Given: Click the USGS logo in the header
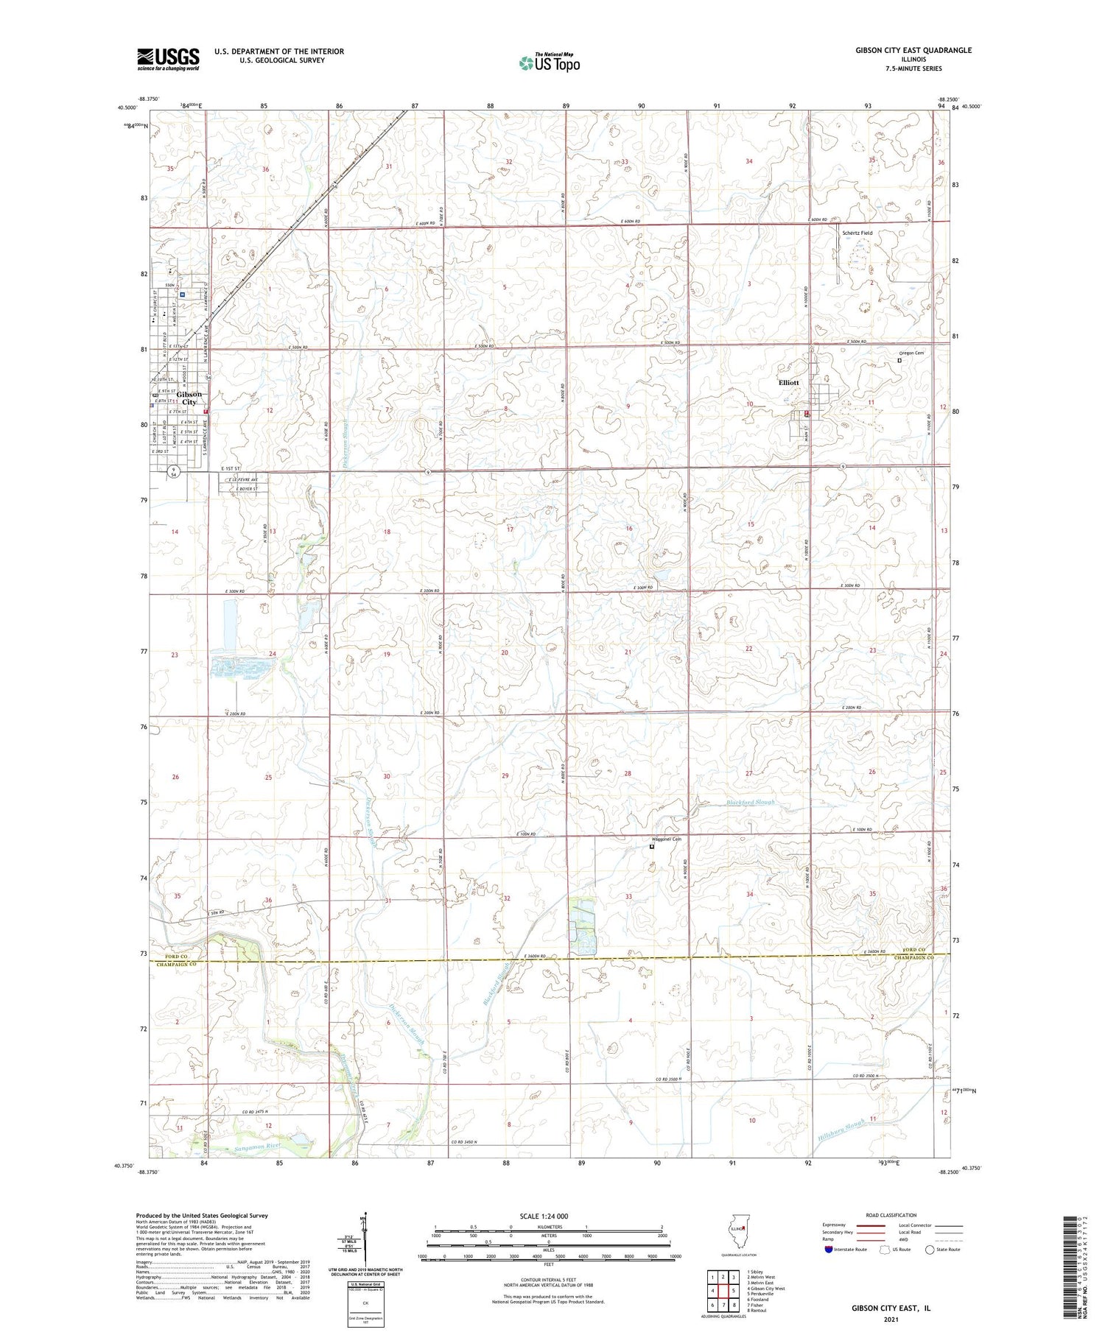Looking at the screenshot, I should [168, 59].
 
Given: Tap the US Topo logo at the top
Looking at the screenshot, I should [549, 63].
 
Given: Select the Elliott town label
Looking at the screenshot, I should [788, 383].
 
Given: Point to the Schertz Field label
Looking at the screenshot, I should [857, 233].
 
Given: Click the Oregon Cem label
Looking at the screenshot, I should [911, 353].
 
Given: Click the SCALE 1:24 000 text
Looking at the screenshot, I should [544, 1216].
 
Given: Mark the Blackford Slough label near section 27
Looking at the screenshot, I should [750, 803].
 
